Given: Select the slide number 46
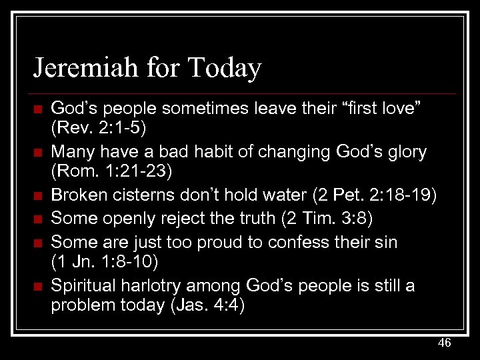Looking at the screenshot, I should point(444,343).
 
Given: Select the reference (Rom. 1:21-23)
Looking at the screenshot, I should point(111,172).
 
